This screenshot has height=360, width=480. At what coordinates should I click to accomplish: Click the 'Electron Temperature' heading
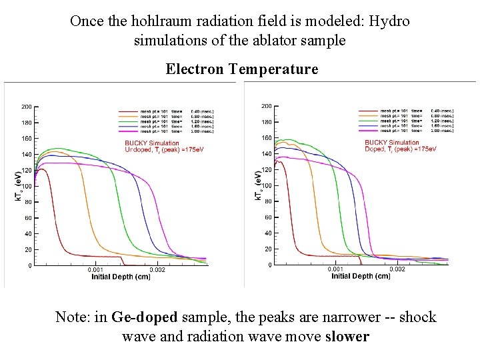[x=241, y=69]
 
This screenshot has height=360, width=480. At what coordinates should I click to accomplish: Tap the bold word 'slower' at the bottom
[x=347, y=336]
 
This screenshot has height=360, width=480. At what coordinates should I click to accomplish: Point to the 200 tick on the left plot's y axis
[x=26, y=107]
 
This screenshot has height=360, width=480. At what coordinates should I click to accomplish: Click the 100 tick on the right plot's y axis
[x=265, y=185]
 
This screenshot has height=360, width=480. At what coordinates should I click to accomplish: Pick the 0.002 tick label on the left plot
[x=157, y=270]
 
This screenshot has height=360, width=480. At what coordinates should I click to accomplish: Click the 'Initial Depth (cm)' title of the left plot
[x=121, y=277]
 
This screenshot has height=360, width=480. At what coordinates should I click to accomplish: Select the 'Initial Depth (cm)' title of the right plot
[x=361, y=276]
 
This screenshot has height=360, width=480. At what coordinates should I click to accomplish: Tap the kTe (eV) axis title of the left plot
[x=18, y=185]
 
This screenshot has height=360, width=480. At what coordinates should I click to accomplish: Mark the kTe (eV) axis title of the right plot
[x=257, y=185]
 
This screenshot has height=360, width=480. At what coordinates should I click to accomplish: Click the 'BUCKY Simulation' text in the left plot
[x=152, y=143]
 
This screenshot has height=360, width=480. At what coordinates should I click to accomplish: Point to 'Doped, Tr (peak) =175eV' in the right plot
[x=400, y=149]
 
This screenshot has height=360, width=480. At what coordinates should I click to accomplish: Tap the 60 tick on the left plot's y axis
[x=28, y=218]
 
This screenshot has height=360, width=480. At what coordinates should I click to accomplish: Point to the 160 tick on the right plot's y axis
[x=265, y=138]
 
